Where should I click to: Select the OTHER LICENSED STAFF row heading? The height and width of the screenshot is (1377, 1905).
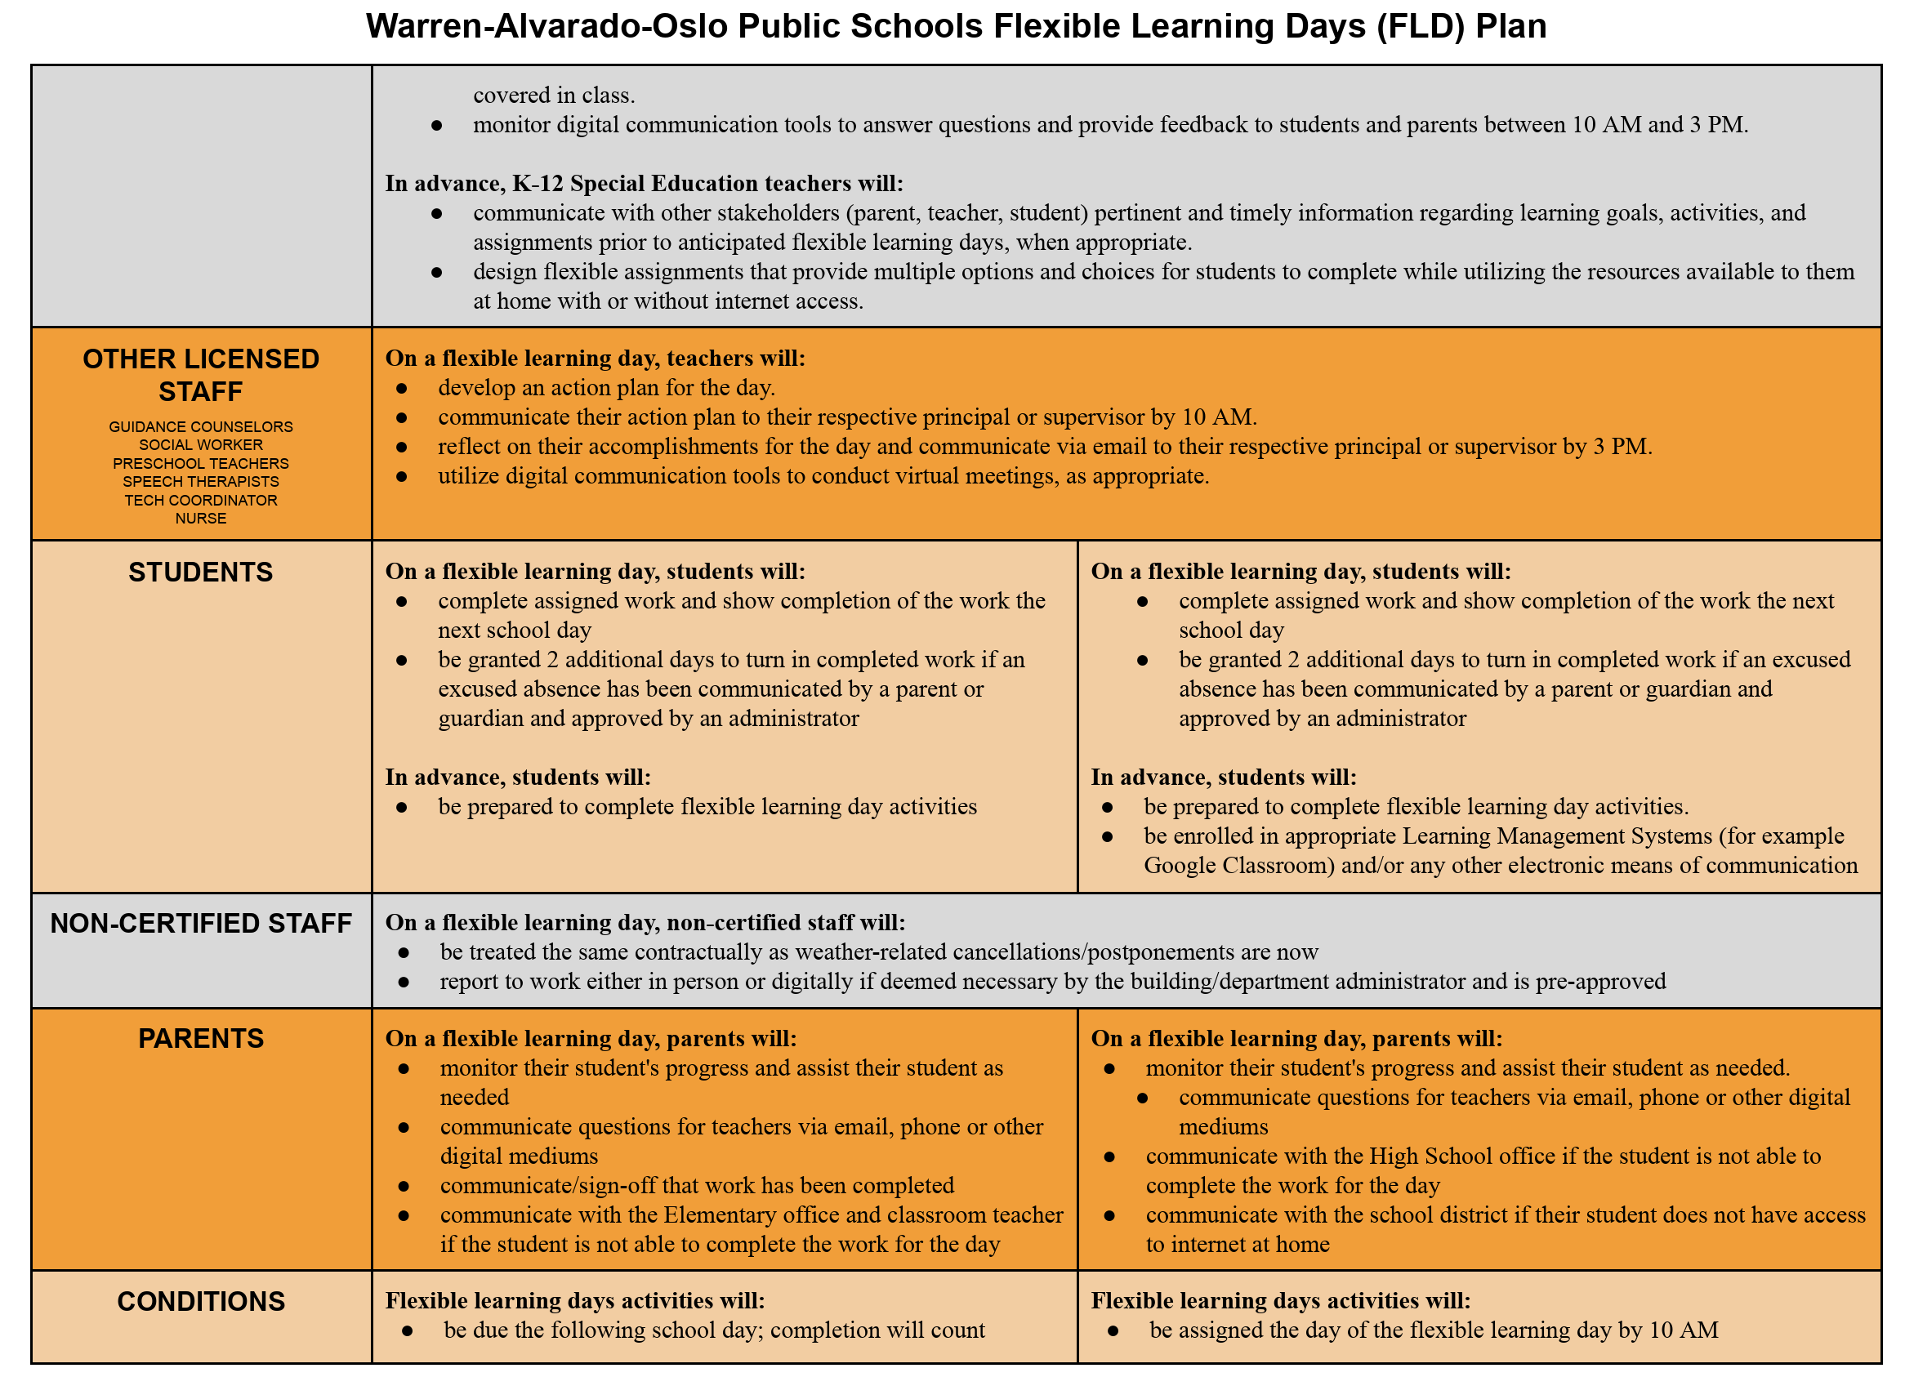pos(201,376)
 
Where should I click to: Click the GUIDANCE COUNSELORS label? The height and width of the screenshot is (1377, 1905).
pos(201,426)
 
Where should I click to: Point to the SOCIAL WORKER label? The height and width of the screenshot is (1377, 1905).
pos(201,445)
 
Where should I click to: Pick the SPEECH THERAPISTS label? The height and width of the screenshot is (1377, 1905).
pos(201,482)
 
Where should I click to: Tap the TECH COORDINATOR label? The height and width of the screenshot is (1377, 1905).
pos(201,501)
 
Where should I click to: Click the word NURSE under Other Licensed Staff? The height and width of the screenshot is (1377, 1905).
pos(201,519)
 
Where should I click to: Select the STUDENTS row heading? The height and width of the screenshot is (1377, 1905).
pos(201,573)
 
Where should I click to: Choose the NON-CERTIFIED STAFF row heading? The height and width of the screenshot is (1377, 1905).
pos(201,924)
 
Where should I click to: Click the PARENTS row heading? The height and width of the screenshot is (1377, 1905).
pos(201,1039)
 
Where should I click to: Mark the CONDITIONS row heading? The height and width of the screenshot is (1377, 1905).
pos(201,1301)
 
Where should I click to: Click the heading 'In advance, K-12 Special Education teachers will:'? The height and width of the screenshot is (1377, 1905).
pos(645,183)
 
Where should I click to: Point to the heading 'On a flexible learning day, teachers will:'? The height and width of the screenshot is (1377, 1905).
pos(595,359)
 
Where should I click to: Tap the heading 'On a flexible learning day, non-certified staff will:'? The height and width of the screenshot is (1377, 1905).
pos(645,923)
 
